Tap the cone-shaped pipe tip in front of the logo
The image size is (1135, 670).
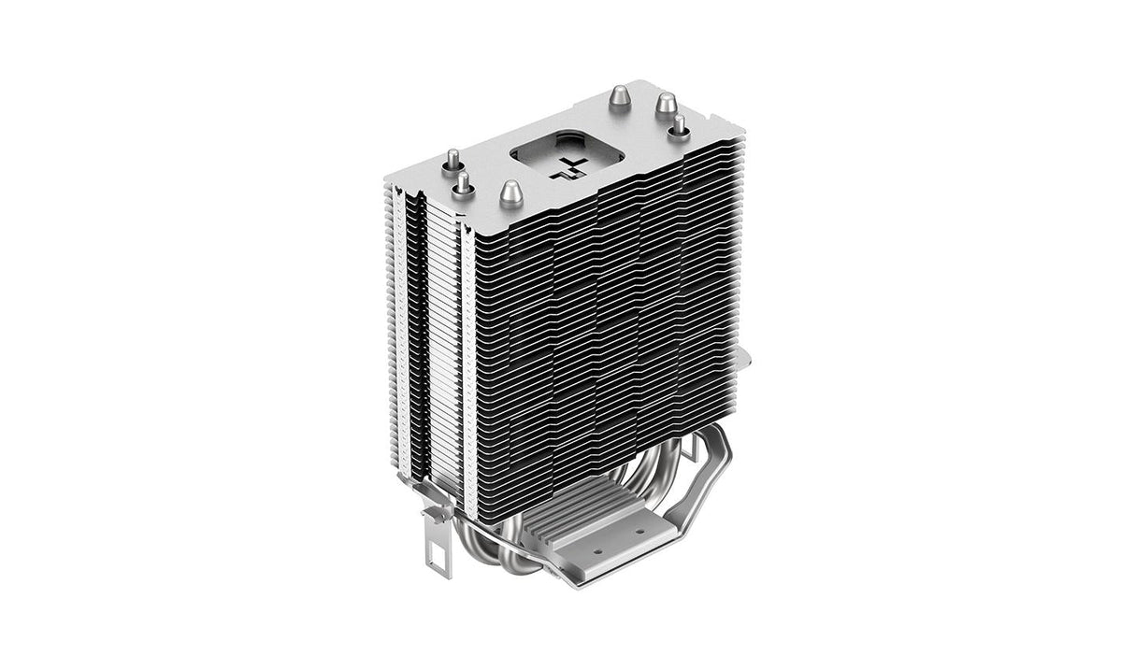510,192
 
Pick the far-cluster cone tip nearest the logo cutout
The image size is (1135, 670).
619,97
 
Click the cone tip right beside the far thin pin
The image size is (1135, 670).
665,103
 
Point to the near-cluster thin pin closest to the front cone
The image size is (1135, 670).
462,185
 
